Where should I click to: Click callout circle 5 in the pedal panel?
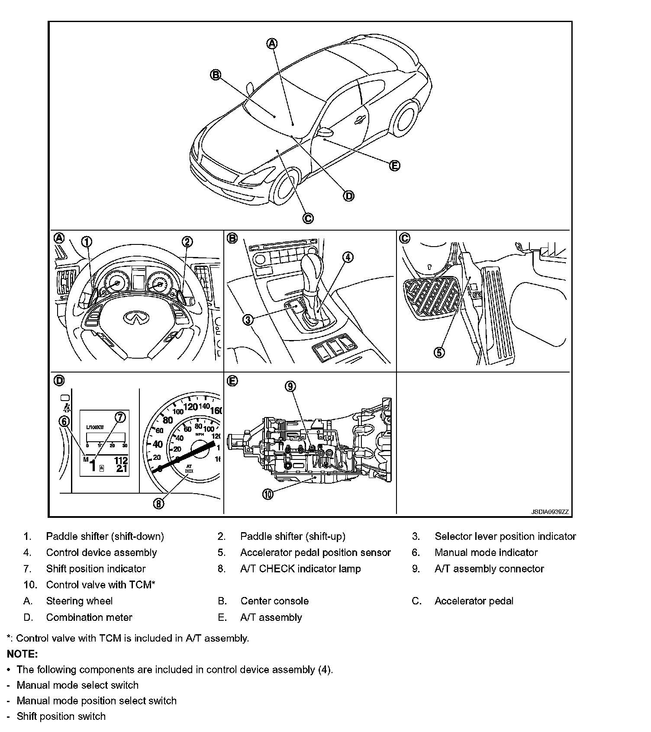pyautogui.click(x=439, y=353)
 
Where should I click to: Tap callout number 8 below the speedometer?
pyautogui.click(x=159, y=503)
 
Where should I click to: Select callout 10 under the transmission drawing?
pyautogui.click(x=268, y=494)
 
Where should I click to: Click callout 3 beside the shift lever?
pyautogui.click(x=248, y=320)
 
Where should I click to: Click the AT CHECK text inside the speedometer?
pyautogui.click(x=189, y=469)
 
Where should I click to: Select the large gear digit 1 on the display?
pyautogui.click(x=93, y=466)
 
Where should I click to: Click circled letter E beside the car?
pyautogui.click(x=394, y=166)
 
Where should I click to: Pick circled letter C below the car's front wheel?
pyautogui.click(x=308, y=218)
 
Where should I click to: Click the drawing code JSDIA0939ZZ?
pyautogui.click(x=550, y=512)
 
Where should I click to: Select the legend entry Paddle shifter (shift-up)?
pyautogui.click(x=293, y=536)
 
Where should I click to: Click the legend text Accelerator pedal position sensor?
pyautogui.click(x=315, y=552)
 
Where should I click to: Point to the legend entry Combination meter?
pyautogui.click(x=89, y=617)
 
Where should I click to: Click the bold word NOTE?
pyautogui.click(x=23, y=654)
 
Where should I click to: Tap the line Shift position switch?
pyautogui.click(x=61, y=716)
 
